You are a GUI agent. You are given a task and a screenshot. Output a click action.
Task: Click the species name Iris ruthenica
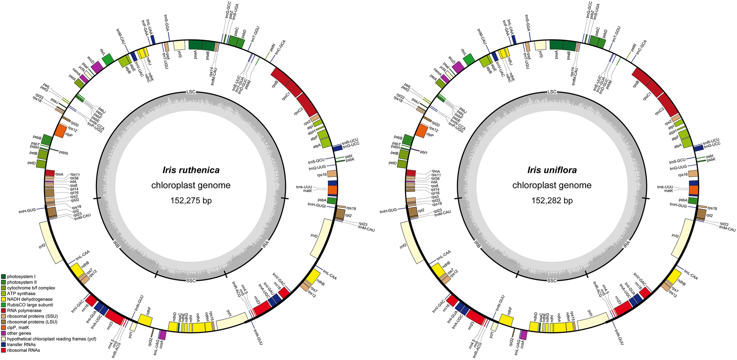tap(191, 170)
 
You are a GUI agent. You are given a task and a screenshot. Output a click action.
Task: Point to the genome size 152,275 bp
tap(191, 201)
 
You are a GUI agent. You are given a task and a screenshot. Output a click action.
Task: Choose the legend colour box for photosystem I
tap(3, 276)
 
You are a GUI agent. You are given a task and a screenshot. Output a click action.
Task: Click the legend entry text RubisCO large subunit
tap(30, 305)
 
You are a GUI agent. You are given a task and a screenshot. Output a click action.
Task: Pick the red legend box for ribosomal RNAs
tap(3, 350)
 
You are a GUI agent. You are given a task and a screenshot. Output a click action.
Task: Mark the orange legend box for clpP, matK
tap(3, 328)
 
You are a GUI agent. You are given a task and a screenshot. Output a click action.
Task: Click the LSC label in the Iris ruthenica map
tap(191, 92)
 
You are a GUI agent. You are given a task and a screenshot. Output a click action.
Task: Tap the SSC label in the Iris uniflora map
tap(552, 281)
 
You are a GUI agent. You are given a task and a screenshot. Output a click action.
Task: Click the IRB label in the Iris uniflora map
tap(477, 244)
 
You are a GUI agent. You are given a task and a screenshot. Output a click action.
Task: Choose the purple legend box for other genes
tap(3, 334)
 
